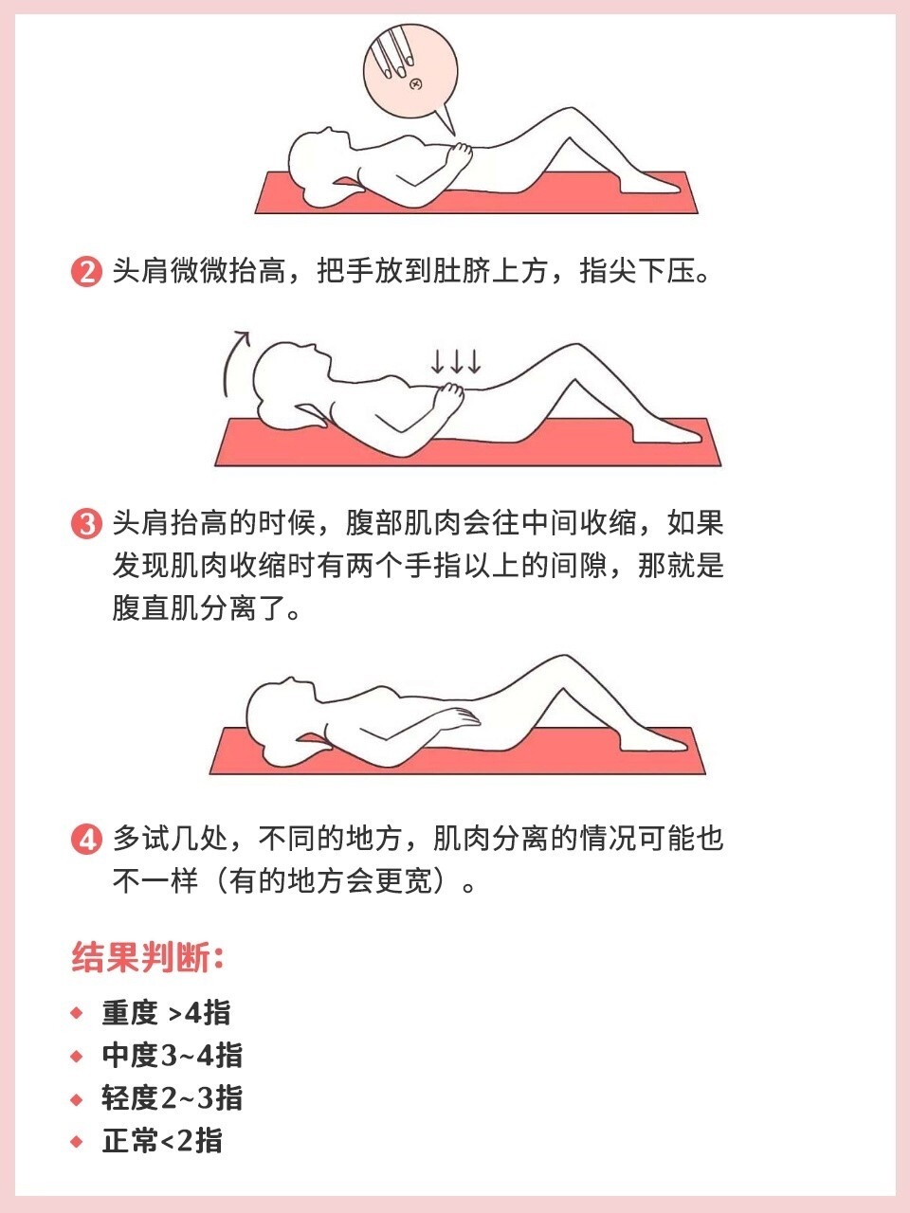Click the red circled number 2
87,272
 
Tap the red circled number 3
87,524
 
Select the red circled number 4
87,840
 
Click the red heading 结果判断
148,959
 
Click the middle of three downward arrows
456,361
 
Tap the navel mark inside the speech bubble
416,84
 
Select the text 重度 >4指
166,1013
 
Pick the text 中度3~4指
172,1056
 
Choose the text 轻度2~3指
172,1098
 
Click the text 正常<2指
162,1141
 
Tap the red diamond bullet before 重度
77,1013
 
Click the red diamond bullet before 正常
77,1141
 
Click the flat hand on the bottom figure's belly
459,717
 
